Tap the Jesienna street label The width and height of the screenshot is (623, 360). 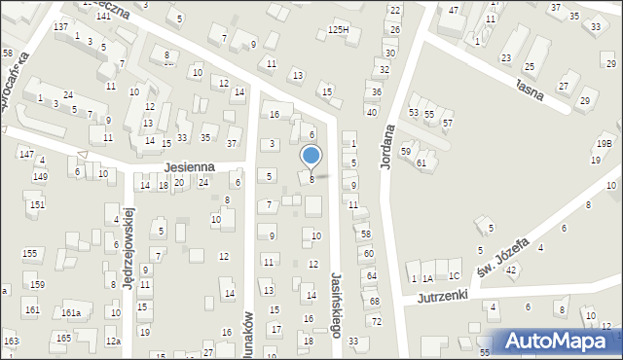click(x=188, y=167)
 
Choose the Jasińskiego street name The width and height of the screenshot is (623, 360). click(x=337, y=304)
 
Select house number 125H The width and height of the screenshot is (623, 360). click(x=338, y=31)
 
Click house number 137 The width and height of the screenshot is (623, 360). click(x=61, y=26)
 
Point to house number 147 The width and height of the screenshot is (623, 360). click(x=26, y=156)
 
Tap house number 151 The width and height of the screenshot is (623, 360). click(x=36, y=204)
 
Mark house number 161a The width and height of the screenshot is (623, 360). click(x=70, y=312)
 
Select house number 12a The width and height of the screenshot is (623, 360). click(x=113, y=342)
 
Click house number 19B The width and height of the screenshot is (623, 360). click(x=605, y=144)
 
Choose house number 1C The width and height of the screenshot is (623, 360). click(x=454, y=276)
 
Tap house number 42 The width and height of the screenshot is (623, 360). click(x=511, y=270)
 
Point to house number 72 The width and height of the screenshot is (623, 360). click(x=377, y=321)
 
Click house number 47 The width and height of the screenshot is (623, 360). click(x=454, y=10)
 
